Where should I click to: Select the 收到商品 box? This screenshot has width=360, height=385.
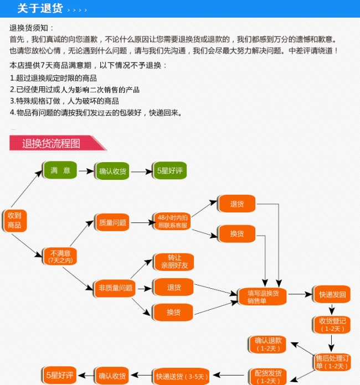click(14, 220)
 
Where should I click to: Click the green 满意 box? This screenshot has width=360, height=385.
click(60, 170)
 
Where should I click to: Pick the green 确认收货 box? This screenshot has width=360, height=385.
click(112, 171)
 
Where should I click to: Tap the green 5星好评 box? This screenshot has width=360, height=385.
click(169, 170)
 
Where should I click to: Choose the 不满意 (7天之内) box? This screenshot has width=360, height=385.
click(60, 256)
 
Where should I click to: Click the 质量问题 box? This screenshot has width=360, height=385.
click(113, 223)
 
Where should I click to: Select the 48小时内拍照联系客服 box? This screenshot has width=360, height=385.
click(173, 221)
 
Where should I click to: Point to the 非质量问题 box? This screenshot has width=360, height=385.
click(116, 288)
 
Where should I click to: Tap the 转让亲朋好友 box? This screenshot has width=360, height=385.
click(174, 262)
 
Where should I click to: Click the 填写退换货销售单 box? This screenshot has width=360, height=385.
click(263, 296)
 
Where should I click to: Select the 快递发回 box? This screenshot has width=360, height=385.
click(332, 295)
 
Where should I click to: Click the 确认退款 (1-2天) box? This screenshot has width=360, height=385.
click(269, 344)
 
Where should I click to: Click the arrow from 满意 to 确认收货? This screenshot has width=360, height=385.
click(86, 170)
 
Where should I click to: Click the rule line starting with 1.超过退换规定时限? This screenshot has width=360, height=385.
click(54, 78)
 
